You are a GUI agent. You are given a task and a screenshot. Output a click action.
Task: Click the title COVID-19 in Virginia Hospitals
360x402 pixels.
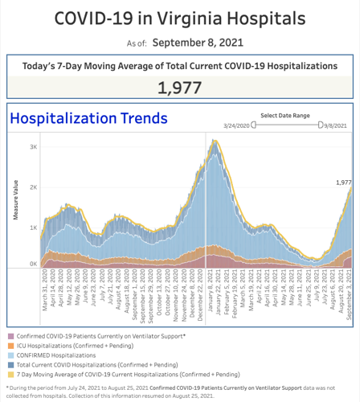click(x=181, y=17)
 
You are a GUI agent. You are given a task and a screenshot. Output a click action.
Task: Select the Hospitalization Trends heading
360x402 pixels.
click(x=89, y=118)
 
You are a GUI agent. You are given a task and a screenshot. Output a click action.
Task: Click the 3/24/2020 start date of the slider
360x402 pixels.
click(x=237, y=125)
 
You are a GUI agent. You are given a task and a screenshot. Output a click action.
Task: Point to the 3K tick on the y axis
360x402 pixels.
click(x=34, y=147)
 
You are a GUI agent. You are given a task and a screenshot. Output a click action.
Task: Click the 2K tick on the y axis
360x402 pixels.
click(x=34, y=187)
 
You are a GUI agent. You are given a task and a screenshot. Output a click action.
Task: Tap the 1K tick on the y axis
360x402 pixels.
click(x=34, y=228)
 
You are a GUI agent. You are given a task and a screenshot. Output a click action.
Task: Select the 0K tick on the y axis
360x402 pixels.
click(x=34, y=264)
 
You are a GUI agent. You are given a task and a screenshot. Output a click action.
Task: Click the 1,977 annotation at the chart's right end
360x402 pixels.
click(x=343, y=183)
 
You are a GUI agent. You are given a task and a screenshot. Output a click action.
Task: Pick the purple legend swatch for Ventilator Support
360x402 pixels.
click(x=10, y=334)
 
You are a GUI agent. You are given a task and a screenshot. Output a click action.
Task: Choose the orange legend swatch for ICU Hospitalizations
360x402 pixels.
click(x=10, y=343)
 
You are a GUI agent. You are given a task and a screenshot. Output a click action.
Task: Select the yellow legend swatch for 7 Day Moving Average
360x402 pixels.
click(x=10, y=371)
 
